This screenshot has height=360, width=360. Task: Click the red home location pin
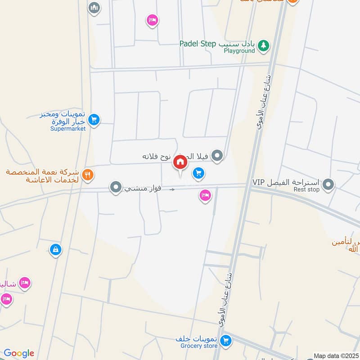tap(180, 162)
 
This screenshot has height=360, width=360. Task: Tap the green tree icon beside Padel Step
tap(264, 45)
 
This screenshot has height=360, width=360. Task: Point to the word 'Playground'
tap(239, 51)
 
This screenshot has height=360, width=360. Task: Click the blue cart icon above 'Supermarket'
tap(94, 119)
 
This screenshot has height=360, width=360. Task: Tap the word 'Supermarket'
tap(68, 129)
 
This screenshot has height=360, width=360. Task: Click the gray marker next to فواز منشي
tap(116, 186)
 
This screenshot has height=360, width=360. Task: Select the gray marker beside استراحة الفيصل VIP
tap(328, 184)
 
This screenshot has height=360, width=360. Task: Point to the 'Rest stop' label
tap(306, 189)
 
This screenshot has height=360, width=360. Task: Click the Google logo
tap(19, 353)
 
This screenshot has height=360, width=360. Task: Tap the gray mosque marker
tap(94, 8)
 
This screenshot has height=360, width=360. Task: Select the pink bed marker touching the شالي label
tap(25, 283)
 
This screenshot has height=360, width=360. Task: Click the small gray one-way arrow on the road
tap(172, 190)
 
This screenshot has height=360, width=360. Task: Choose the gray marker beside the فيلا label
tap(218, 156)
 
